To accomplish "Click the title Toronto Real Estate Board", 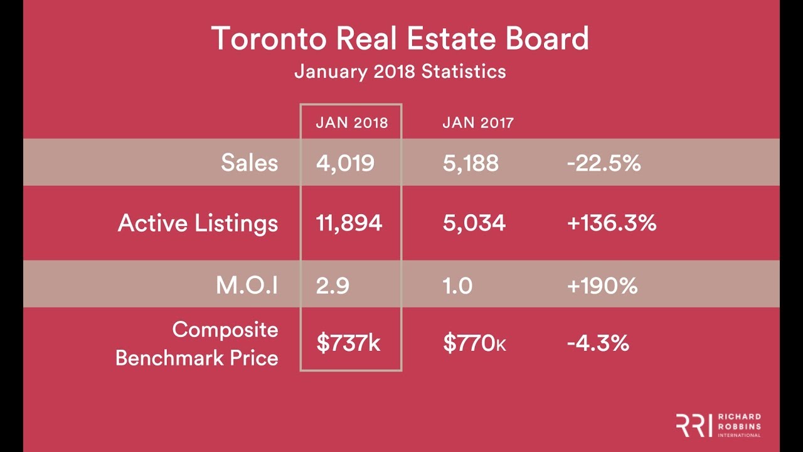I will click(400, 40).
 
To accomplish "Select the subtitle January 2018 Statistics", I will click(400, 72).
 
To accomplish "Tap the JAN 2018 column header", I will click(352, 123).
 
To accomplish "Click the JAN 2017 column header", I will click(478, 123).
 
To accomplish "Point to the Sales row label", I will click(249, 163).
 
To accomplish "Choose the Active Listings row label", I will click(198, 223).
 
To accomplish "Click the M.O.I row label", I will click(247, 286).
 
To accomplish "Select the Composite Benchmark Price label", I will click(197, 343).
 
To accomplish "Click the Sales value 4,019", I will click(346, 163).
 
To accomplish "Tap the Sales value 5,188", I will click(471, 163).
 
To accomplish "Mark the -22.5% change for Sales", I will click(604, 163).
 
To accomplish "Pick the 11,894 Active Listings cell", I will click(349, 223).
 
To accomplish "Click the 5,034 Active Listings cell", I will click(474, 223).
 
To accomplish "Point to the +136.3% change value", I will click(612, 223).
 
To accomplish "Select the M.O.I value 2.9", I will click(332, 286).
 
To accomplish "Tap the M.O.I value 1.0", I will click(457, 286).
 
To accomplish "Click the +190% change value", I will click(602, 286).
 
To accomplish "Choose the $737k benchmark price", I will click(349, 343).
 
